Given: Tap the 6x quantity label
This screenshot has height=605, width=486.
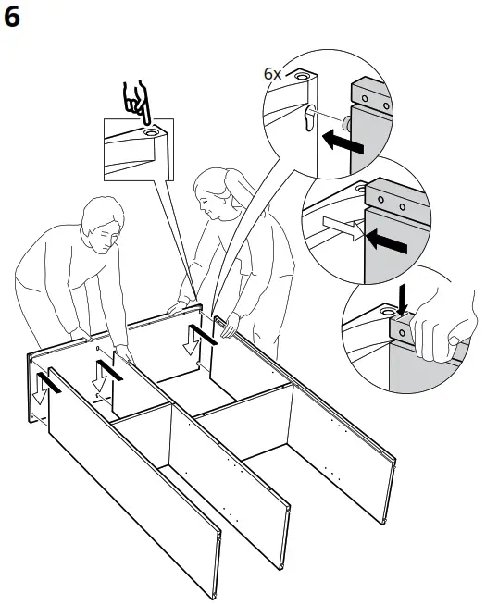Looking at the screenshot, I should tap(273, 72).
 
